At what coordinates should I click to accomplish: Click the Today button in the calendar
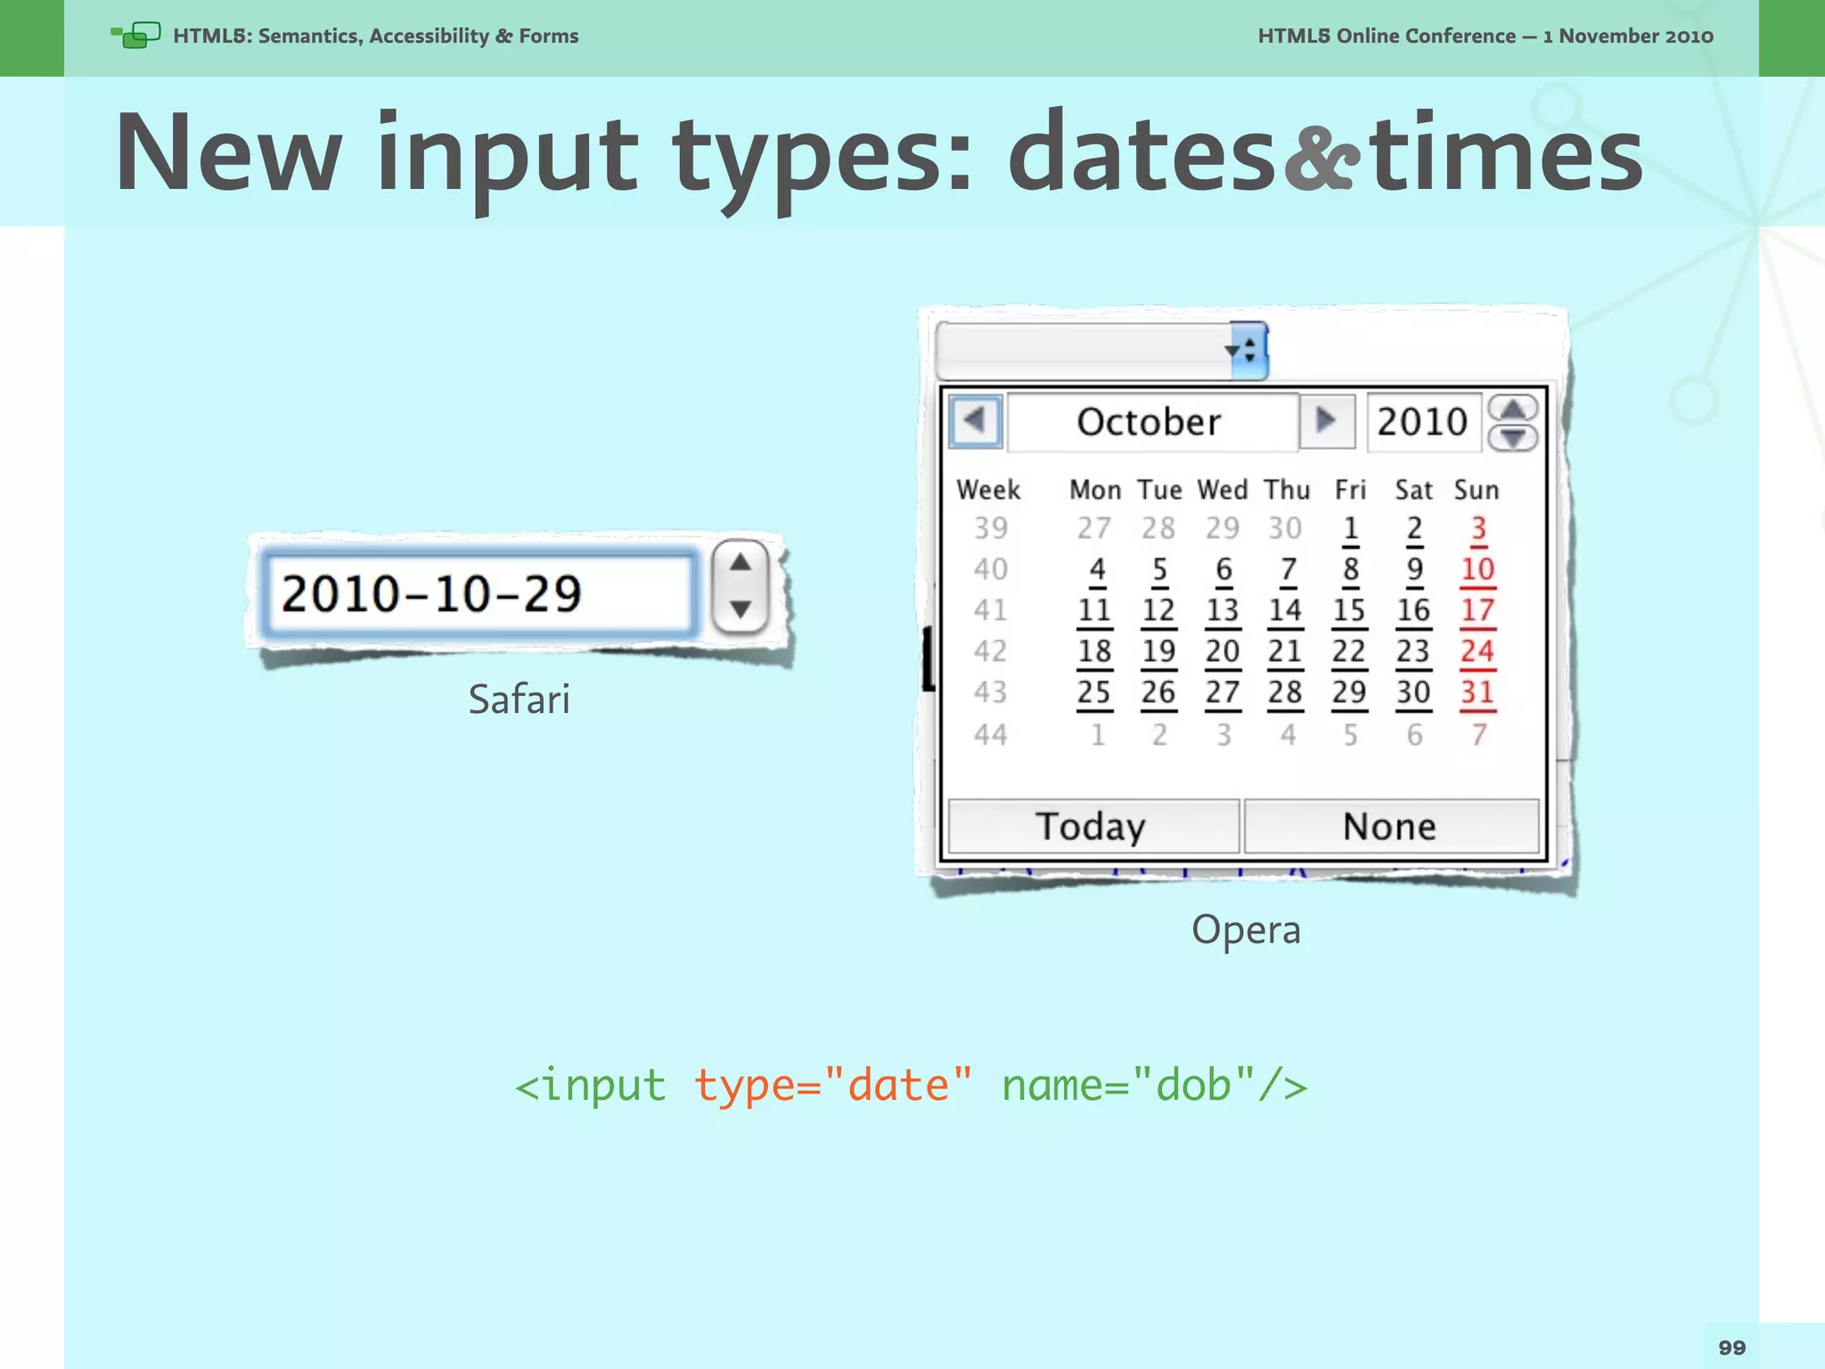tap(1093, 826)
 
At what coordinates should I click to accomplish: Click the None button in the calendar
tap(1390, 826)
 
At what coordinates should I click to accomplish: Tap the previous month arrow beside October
tap(976, 420)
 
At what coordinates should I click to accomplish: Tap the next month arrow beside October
tap(1326, 420)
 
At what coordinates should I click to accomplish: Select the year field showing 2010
tap(1422, 422)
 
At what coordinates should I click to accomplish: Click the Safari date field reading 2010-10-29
tap(478, 594)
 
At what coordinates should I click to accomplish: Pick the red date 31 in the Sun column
tap(1477, 693)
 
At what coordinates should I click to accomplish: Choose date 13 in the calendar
tap(1223, 611)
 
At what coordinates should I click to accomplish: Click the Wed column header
tap(1222, 489)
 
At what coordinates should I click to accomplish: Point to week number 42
tap(990, 652)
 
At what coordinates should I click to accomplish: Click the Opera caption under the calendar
tap(1246, 930)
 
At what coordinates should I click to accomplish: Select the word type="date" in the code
tap(832, 1086)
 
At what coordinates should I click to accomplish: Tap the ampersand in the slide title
tap(1322, 159)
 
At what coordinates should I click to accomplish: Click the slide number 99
tap(1731, 1348)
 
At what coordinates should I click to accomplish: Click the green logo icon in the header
tap(136, 36)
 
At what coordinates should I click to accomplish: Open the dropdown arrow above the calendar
tap(1248, 350)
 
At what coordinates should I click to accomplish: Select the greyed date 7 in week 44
tap(1478, 735)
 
